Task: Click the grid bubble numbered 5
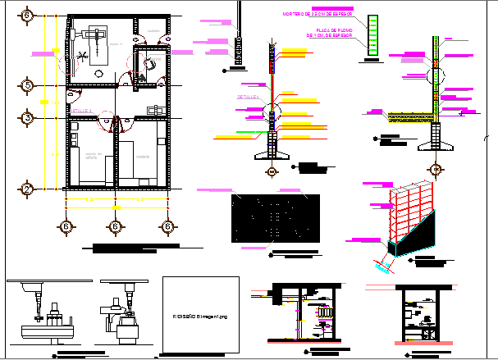pyautogui.click(x=27, y=85)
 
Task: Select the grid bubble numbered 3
pyautogui.click(x=27, y=118)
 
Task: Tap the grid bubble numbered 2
pyautogui.click(x=27, y=189)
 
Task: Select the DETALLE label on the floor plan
pyautogui.click(x=80, y=110)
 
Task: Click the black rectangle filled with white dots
pyautogui.click(x=275, y=220)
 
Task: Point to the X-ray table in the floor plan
pyautogui.click(x=95, y=46)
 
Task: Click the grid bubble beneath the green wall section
pyautogui.click(x=272, y=172)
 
